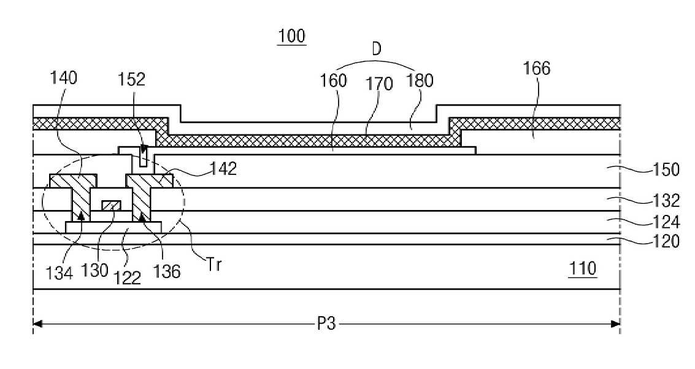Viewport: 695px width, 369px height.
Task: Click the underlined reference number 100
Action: [x=291, y=36]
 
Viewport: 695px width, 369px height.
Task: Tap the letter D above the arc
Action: [x=376, y=49]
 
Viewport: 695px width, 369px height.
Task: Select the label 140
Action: [x=64, y=78]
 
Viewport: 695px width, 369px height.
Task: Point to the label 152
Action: [x=132, y=79]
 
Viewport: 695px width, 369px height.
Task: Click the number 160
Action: [x=333, y=80]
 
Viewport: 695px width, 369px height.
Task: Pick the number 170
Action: [x=379, y=84]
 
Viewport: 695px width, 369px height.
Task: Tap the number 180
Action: [x=420, y=80]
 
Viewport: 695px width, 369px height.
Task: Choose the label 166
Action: [x=537, y=68]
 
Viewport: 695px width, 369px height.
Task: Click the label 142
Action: [x=223, y=168]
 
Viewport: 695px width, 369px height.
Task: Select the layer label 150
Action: [x=666, y=170]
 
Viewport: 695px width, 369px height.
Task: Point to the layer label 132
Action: [x=666, y=201]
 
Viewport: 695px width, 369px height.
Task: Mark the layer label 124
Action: [x=666, y=222]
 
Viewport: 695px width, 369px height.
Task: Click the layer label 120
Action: [x=666, y=242]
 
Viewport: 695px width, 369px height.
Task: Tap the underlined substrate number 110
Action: [x=582, y=269]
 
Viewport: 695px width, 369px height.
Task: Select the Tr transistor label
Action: [x=213, y=265]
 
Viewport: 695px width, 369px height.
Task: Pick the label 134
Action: [x=60, y=273]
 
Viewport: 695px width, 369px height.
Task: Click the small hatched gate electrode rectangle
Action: [x=111, y=205]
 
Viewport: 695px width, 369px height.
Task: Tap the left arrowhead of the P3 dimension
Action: [x=37, y=324]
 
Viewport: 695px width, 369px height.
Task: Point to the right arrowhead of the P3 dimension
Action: [x=615, y=324]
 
